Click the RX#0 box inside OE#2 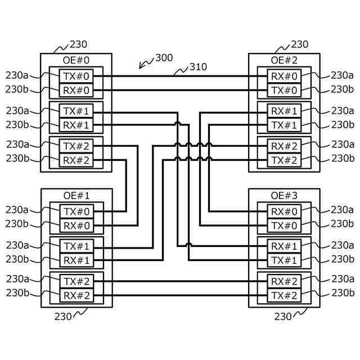coord(284,76)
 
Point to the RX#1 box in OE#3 coord(284,246)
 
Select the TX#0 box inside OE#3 coord(284,226)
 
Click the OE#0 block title coord(76,60)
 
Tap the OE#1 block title coord(76,196)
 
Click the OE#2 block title coord(284,60)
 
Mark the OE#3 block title coord(284,196)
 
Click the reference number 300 coord(164,57)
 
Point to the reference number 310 coord(197,67)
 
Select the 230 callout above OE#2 coord(299,44)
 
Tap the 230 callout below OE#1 coord(63,317)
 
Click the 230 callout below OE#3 coord(283,317)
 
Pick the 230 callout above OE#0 coord(78,44)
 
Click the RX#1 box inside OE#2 coord(284,111)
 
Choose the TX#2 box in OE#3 coord(284,295)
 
